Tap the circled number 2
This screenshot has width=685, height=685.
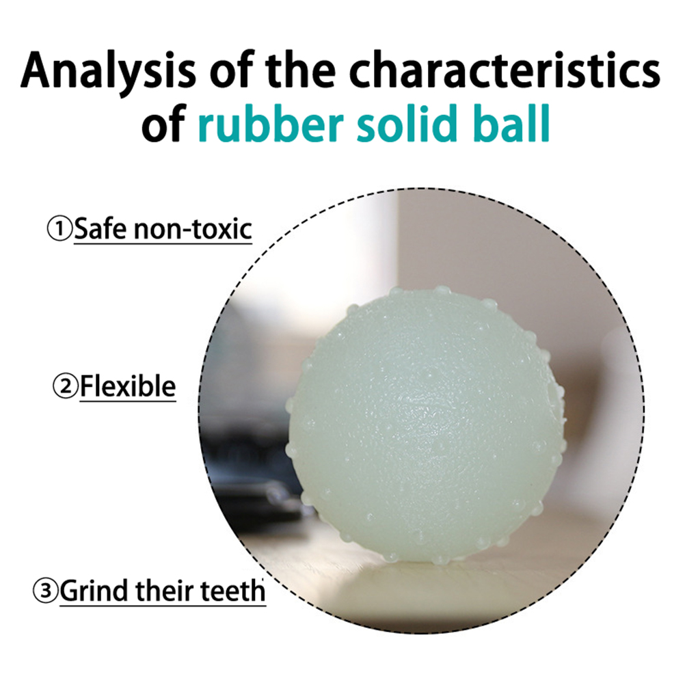coord(65,387)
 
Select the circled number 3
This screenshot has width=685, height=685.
coord(45,591)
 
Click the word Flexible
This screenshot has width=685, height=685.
coord(128,386)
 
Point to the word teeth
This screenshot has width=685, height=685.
coord(233,591)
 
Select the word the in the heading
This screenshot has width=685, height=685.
coord(295,70)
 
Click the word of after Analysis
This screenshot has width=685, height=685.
coord(226,70)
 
